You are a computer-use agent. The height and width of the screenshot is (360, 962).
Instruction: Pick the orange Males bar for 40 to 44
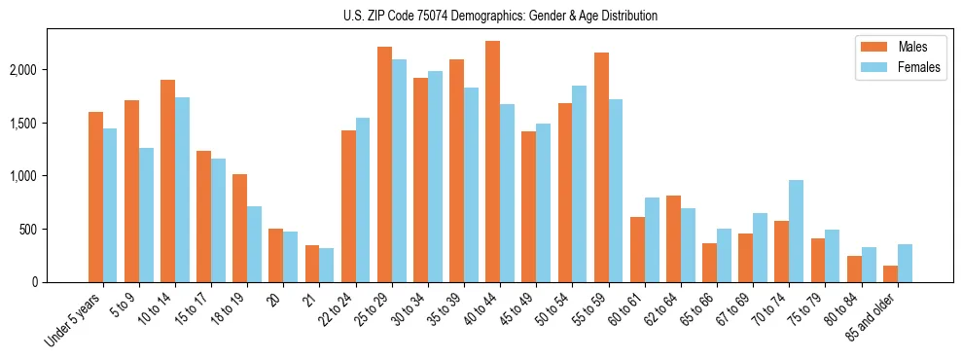click(x=492, y=162)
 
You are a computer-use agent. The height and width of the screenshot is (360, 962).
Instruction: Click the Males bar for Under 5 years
click(x=95, y=198)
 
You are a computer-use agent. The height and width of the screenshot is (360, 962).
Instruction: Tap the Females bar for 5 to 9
click(x=146, y=215)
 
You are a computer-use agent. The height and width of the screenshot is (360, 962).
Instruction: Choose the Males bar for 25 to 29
click(x=384, y=164)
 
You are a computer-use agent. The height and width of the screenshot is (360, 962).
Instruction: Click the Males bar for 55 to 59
click(x=601, y=167)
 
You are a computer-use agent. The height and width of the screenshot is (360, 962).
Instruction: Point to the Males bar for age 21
click(x=312, y=264)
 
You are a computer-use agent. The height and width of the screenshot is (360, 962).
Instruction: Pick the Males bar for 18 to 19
click(x=239, y=229)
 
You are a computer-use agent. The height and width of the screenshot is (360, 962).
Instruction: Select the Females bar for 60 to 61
click(x=652, y=240)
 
